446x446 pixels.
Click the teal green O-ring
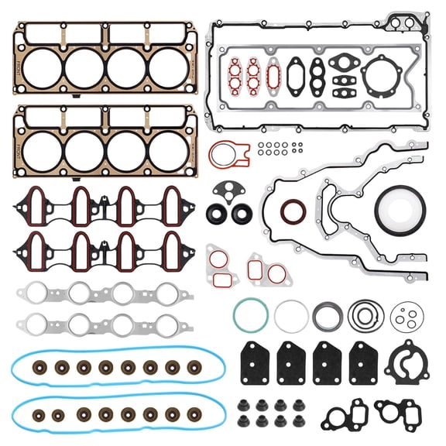[x=252, y=314]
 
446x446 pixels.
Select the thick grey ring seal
[x=328, y=315]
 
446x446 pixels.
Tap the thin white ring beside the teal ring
[x=291, y=315]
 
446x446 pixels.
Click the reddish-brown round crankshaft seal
[x=292, y=211]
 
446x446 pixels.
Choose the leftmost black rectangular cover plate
[x=254, y=363]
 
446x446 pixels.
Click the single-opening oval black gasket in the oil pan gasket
[x=297, y=75]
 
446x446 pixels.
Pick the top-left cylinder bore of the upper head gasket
[x=42, y=68]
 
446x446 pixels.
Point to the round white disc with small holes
[x=407, y=314]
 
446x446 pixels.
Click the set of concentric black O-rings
[x=364, y=314]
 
